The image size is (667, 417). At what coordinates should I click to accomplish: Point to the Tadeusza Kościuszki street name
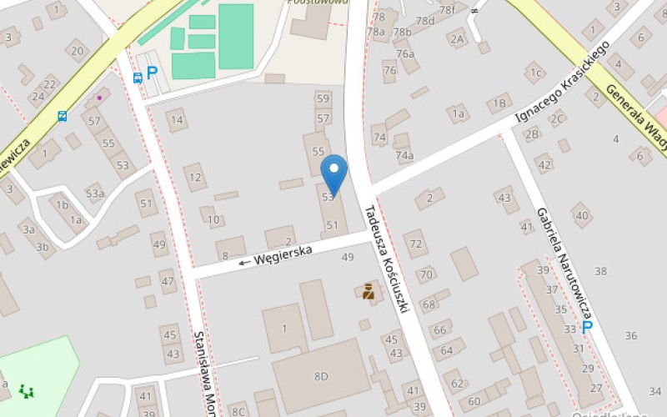(384, 258)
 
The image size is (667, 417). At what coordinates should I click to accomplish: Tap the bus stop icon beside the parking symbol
(138, 78)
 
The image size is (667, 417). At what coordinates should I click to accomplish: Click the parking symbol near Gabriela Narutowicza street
(588, 327)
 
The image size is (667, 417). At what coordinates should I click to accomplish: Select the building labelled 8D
(321, 376)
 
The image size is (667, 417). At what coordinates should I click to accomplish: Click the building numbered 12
(195, 177)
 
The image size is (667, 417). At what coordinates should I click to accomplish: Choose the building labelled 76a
(405, 54)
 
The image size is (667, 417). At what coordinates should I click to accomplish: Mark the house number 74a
(404, 155)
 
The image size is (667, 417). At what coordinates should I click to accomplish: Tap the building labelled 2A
(456, 38)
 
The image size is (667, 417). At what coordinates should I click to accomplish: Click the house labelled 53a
(94, 194)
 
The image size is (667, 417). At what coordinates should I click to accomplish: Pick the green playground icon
(27, 389)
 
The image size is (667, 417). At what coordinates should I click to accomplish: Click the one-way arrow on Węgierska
(244, 262)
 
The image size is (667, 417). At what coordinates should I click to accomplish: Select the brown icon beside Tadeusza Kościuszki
(368, 291)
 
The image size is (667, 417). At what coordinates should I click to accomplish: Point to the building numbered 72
(416, 244)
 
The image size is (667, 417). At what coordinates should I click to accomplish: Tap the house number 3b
(42, 247)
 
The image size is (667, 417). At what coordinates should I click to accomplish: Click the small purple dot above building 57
(99, 98)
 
